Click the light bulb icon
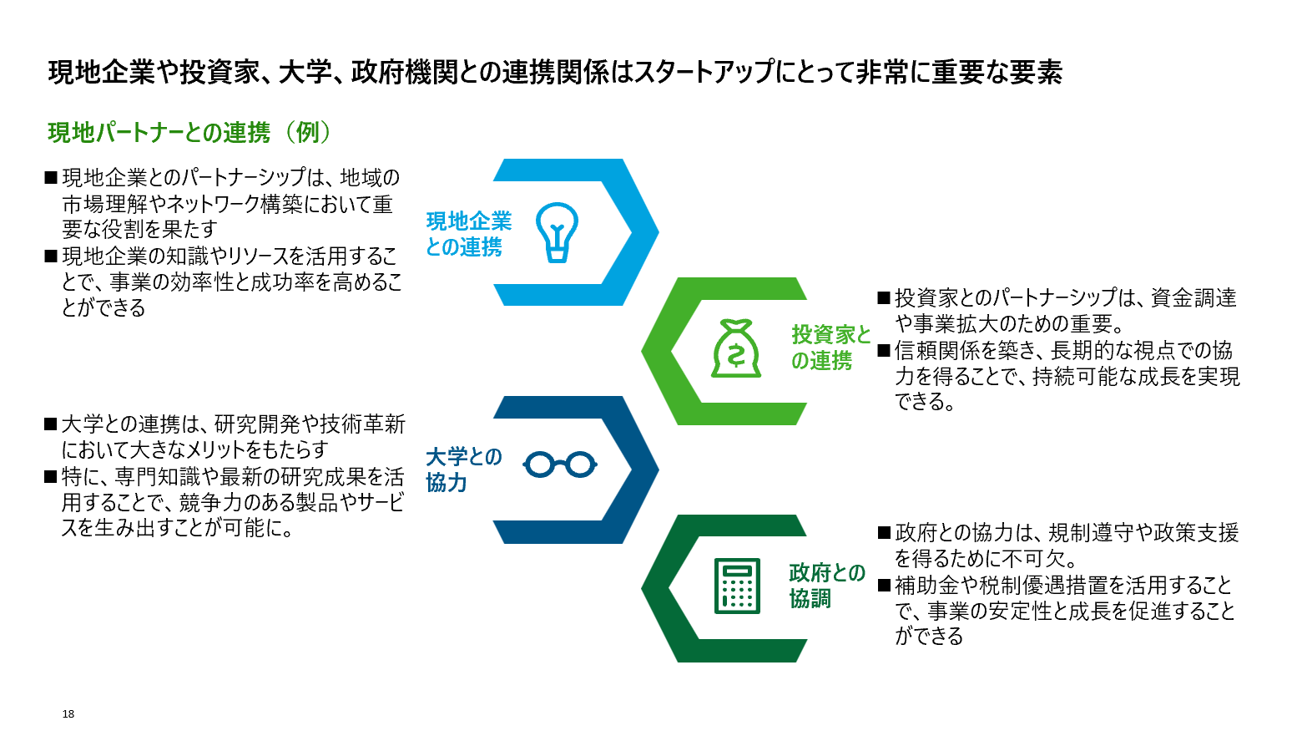pyautogui.click(x=557, y=232)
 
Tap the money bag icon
pyautogui.click(x=735, y=348)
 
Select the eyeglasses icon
pyautogui.click(x=560, y=464)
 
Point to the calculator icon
pyautogui.click(x=737, y=586)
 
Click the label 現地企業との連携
pyautogui.click(x=469, y=234)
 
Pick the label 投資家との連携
pyautogui.click(x=831, y=348)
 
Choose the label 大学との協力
pyautogui.click(x=464, y=470)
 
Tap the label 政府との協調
pyautogui.click(x=827, y=586)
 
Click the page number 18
pyautogui.click(x=68, y=713)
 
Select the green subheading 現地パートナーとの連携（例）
pyautogui.click(x=190, y=132)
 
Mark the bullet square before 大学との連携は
pyautogui.click(x=50, y=424)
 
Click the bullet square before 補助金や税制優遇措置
pyautogui.click(x=884, y=585)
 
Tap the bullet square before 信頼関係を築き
pyautogui.click(x=884, y=350)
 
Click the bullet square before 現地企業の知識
pyautogui.click(x=50, y=256)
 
